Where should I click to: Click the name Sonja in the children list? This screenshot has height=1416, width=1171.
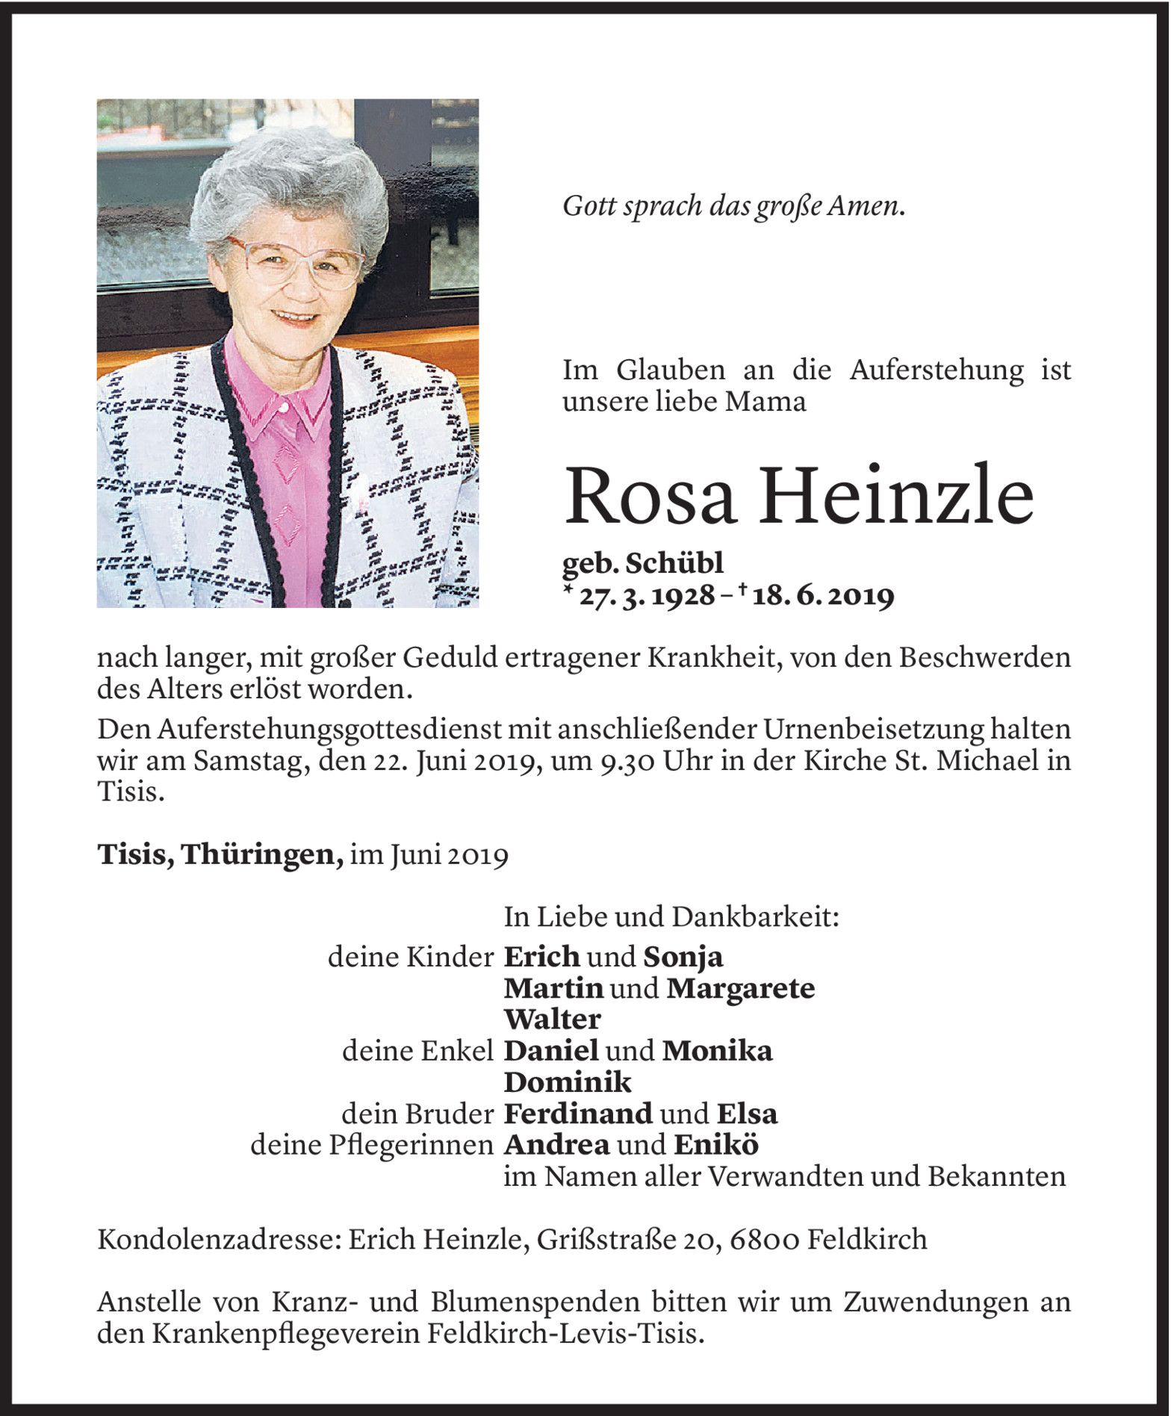point(683,957)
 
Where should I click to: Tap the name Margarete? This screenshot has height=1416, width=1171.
point(740,988)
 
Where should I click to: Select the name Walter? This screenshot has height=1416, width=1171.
point(553,1019)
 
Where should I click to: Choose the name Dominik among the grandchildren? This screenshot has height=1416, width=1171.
point(568,1081)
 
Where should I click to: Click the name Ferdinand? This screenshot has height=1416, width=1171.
point(579,1114)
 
